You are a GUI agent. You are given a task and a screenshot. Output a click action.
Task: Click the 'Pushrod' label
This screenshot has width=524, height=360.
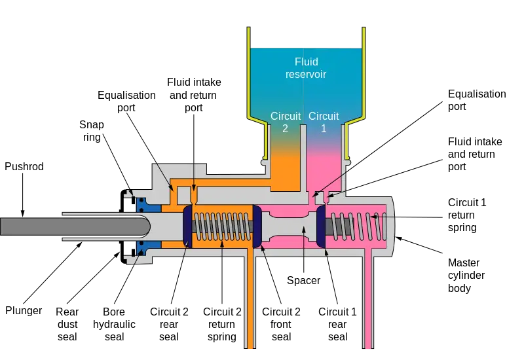[24, 166]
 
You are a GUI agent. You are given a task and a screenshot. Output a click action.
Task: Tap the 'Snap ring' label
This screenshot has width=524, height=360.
[92, 130]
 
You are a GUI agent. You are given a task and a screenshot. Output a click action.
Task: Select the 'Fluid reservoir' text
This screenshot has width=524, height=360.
[306, 68]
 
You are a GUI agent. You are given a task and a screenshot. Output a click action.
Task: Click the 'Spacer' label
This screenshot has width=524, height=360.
[303, 280]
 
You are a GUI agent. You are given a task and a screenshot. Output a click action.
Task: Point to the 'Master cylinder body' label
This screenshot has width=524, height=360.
[466, 275]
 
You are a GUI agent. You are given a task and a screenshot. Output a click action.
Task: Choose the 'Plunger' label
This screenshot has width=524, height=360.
[24, 310]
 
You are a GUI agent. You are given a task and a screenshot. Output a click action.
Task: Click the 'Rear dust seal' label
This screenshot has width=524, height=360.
[67, 324]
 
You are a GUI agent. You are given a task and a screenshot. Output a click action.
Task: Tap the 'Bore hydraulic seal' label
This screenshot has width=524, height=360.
[114, 324]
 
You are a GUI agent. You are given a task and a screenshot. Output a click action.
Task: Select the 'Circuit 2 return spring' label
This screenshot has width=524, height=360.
[222, 324]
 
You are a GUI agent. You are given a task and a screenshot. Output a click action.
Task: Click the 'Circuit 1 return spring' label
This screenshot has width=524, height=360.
[467, 215]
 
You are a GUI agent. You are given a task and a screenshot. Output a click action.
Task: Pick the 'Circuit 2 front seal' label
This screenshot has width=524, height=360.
[281, 324]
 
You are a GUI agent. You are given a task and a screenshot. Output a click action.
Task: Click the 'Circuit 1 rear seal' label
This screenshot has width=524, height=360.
[337, 324]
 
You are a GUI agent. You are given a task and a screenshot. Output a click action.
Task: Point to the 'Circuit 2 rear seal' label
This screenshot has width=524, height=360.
[169, 324]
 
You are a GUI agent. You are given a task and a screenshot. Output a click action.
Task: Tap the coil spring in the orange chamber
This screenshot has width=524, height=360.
[222, 226]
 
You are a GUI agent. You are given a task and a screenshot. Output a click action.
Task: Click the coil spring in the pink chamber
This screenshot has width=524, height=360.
[358, 226]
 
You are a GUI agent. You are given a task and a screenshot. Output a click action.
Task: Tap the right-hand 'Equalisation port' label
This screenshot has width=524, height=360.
[477, 100]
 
